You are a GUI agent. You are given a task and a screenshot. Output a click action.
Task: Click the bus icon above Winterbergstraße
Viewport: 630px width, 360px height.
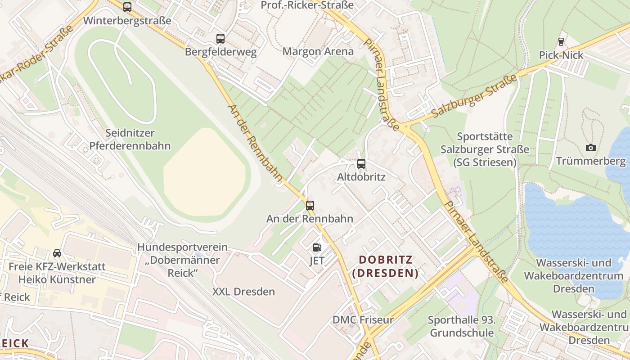pyautogui.click(x=127, y=7)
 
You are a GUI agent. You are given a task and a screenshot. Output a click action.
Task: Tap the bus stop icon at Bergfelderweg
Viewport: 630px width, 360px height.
pyautogui.click(x=220, y=39)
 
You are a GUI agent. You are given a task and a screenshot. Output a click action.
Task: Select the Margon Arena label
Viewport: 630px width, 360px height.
pyautogui.click(x=318, y=51)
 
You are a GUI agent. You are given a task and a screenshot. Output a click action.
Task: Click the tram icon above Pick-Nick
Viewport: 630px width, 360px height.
pyautogui.click(x=561, y=42)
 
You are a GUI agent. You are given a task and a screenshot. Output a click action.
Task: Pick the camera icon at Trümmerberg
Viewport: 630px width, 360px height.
pyautogui.click(x=590, y=148)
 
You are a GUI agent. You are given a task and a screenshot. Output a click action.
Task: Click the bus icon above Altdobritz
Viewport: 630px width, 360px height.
pyautogui.click(x=361, y=164)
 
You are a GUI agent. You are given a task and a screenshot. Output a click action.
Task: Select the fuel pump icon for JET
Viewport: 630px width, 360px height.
pyautogui.click(x=317, y=247)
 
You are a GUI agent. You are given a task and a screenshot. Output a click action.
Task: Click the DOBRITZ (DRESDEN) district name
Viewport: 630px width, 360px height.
pyautogui.click(x=385, y=266)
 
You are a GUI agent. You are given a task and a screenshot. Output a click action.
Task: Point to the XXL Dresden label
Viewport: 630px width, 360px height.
pyautogui.click(x=243, y=292)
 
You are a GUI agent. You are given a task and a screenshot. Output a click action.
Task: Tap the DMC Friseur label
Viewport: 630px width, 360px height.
pyautogui.click(x=363, y=320)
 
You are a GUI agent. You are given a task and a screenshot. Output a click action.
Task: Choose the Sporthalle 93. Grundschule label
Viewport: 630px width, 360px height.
pyautogui.click(x=462, y=327)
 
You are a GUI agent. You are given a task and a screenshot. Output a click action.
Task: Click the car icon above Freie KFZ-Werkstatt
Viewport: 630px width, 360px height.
pyautogui.click(x=57, y=253)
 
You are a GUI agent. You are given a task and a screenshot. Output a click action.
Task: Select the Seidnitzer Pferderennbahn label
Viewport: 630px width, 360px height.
pyautogui.click(x=130, y=139)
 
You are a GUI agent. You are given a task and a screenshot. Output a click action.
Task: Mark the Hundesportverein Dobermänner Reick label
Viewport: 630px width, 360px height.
pyautogui.click(x=182, y=260)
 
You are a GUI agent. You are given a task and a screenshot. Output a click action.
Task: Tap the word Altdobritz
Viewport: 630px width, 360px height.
pyautogui.click(x=361, y=177)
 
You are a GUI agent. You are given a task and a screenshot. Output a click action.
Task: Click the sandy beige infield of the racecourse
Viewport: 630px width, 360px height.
pyautogui.click(x=205, y=173)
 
